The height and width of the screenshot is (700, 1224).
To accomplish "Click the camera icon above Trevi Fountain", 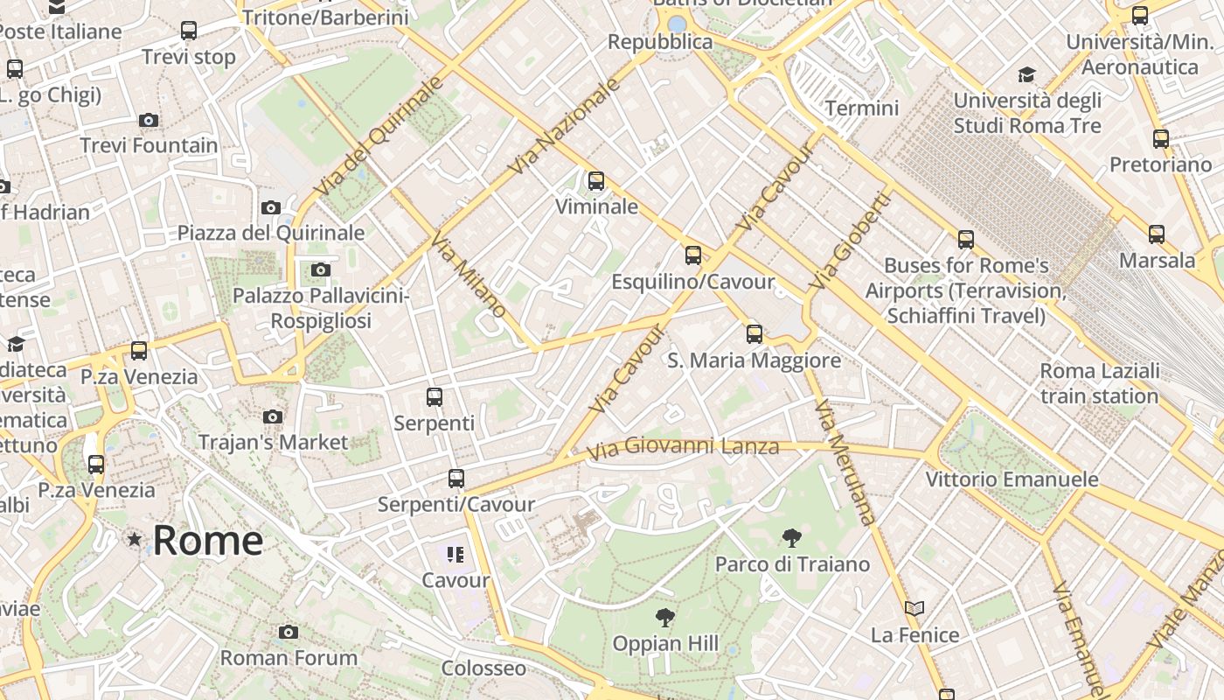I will (149, 120).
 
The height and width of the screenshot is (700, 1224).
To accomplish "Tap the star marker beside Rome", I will (134, 539).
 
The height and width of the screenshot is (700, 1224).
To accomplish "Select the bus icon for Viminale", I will (596, 181).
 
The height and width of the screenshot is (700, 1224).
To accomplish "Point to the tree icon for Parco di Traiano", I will (792, 538).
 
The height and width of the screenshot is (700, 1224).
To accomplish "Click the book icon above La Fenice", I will (915, 608).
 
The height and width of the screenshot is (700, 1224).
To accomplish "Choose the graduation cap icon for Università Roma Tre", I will (1026, 75).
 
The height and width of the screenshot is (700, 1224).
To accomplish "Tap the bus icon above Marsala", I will (1157, 234).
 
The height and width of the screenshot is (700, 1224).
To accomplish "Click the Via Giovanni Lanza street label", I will (683, 448).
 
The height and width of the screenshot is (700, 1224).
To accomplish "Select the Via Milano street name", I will (469, 276).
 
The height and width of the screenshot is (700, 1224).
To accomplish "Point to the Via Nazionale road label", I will (566, 125).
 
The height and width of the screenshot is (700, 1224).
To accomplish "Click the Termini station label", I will (861, 108).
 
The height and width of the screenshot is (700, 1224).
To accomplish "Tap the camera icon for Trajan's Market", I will (273, 416).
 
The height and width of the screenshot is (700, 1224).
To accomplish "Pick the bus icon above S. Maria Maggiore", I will (754, 334).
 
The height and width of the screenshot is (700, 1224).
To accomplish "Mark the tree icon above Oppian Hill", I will (665, 618).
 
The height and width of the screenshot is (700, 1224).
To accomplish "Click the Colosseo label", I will (483, 668).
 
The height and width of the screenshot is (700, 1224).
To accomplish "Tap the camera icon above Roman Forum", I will (289, 632).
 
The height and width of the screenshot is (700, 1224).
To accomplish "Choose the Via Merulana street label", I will (845, 462).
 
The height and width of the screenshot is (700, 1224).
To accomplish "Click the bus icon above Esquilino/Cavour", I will (693, 255).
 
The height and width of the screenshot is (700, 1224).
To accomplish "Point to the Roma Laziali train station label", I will (1099, 383).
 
